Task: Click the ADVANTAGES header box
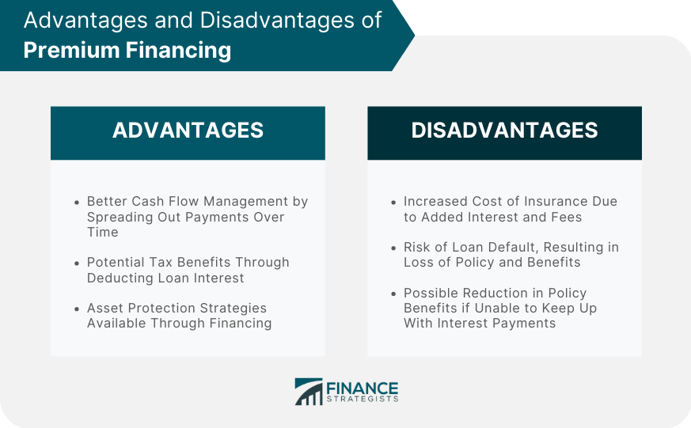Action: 188,131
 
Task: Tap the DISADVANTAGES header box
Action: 504,131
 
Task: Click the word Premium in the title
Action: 70,51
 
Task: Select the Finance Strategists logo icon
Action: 308,392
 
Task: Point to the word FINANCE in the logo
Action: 363,388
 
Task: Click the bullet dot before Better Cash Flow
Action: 77,203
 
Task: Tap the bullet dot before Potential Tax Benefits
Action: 77,263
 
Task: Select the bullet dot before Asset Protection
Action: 77,309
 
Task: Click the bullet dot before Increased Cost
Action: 394,203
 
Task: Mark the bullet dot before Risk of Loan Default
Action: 394,248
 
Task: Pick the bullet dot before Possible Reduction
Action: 394,294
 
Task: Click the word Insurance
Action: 533,202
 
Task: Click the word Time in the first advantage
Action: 102,232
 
